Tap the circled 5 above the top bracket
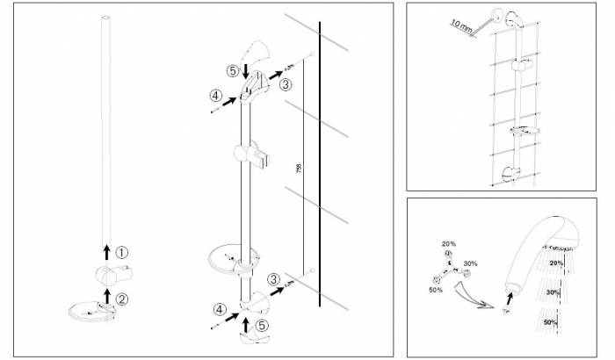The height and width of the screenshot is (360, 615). [233, 69]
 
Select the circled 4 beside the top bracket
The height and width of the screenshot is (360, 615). [215, 96]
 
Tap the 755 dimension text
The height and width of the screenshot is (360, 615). [298, 168]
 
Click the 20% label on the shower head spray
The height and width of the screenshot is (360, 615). [555, 262]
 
